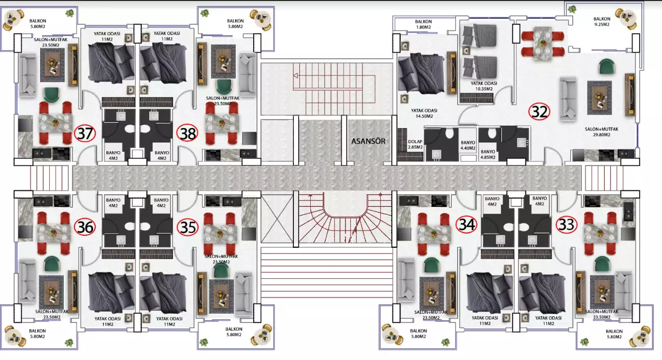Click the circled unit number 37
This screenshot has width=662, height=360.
pyautogui.click(x=85, y=133)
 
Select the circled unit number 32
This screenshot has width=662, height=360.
pyautogui.click(x=539, y=112)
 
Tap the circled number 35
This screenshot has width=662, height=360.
pyautogui.click(x=187, y=228)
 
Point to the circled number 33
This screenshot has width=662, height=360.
pyautogui.click(x=566, y=225)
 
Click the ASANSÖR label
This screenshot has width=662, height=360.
pyautogui.click(x=368, y=141)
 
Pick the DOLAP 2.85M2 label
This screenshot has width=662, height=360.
pyautogui.click(x=415, y=144)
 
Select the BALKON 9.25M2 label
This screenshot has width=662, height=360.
pyautogui.click(x=602, y=22)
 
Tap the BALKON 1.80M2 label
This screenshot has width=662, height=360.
pyautogui.click(x=423, y=24)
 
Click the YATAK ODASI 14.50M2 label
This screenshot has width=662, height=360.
pyautogui.click(x=424, y=113)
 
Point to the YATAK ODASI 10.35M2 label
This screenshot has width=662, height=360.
pyautogui.click(x=484, y=86)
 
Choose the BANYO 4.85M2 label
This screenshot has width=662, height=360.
pyautogui.click(x=488, y=154)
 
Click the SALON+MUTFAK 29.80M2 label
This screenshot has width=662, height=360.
pyautogui.click(x=602, y=132)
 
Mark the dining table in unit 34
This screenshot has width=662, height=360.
pyautogui.click(x=434, y=234)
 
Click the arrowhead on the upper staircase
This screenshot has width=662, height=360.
pyautogui.click(x=296, y=76)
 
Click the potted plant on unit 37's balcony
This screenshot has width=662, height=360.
pyautogui.click(x=70, y=13)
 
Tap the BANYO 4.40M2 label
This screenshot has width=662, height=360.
pyautogui.click(x=468, y=145)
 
